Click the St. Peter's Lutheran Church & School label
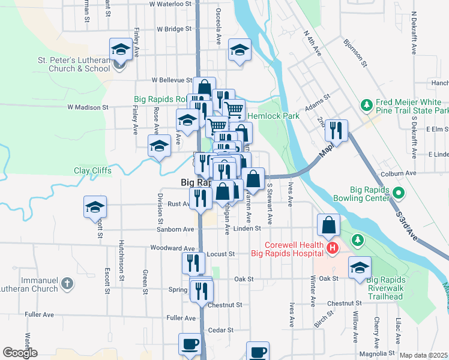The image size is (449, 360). [x=73, y=64]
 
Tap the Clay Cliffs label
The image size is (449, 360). [x=92, y=170]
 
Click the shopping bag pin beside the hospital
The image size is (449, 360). [x=329, y=226]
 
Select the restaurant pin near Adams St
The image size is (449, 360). [x=337, y=130]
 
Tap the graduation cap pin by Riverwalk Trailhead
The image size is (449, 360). [x=360, y=268]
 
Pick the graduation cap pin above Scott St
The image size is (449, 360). [x=95, y=207]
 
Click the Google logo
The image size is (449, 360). [x=20, y=353]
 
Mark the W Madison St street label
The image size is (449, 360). [x=87, y=107]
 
